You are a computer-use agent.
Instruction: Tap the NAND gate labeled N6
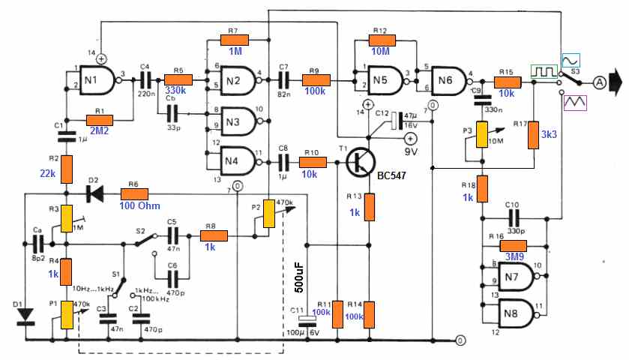[x=448, y=77]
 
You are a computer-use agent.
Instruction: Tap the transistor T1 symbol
[x=365, y=160]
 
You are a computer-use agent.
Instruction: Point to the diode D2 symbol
[x=94, y=193]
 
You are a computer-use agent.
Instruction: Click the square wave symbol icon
[x=544, y=72]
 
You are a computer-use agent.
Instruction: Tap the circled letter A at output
[x=599, y=80]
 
